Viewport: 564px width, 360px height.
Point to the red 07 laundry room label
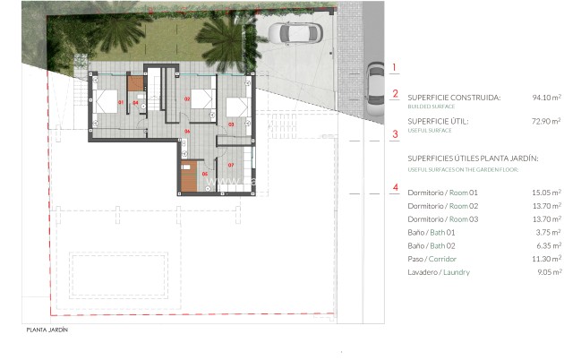click(230, 165)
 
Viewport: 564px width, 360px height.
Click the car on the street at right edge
click(376, 81)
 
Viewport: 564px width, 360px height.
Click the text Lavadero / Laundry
click(439, 272)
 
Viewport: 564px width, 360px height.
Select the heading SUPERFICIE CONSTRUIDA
click(454, 98)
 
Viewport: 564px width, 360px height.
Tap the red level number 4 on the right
click(395, 187)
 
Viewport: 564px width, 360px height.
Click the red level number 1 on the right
click(395, 67)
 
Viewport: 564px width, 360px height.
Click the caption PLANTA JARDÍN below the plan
click(47, 330)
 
